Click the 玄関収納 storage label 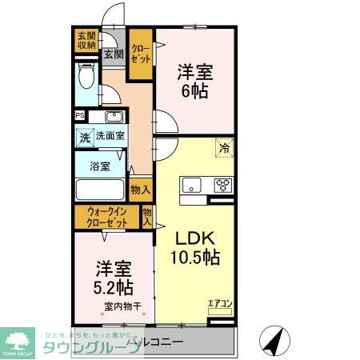(x=86, y=39)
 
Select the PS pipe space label (x=79, y=116)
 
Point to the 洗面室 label (x=110, y=137)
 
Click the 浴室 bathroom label (x=100, y=167)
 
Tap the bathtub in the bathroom (x=101, y=192)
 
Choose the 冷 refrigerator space (x=224, y=148)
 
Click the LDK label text (x=192, y=238)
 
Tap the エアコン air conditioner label (x=219, y=303)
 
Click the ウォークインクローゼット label (x=107, y=218)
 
